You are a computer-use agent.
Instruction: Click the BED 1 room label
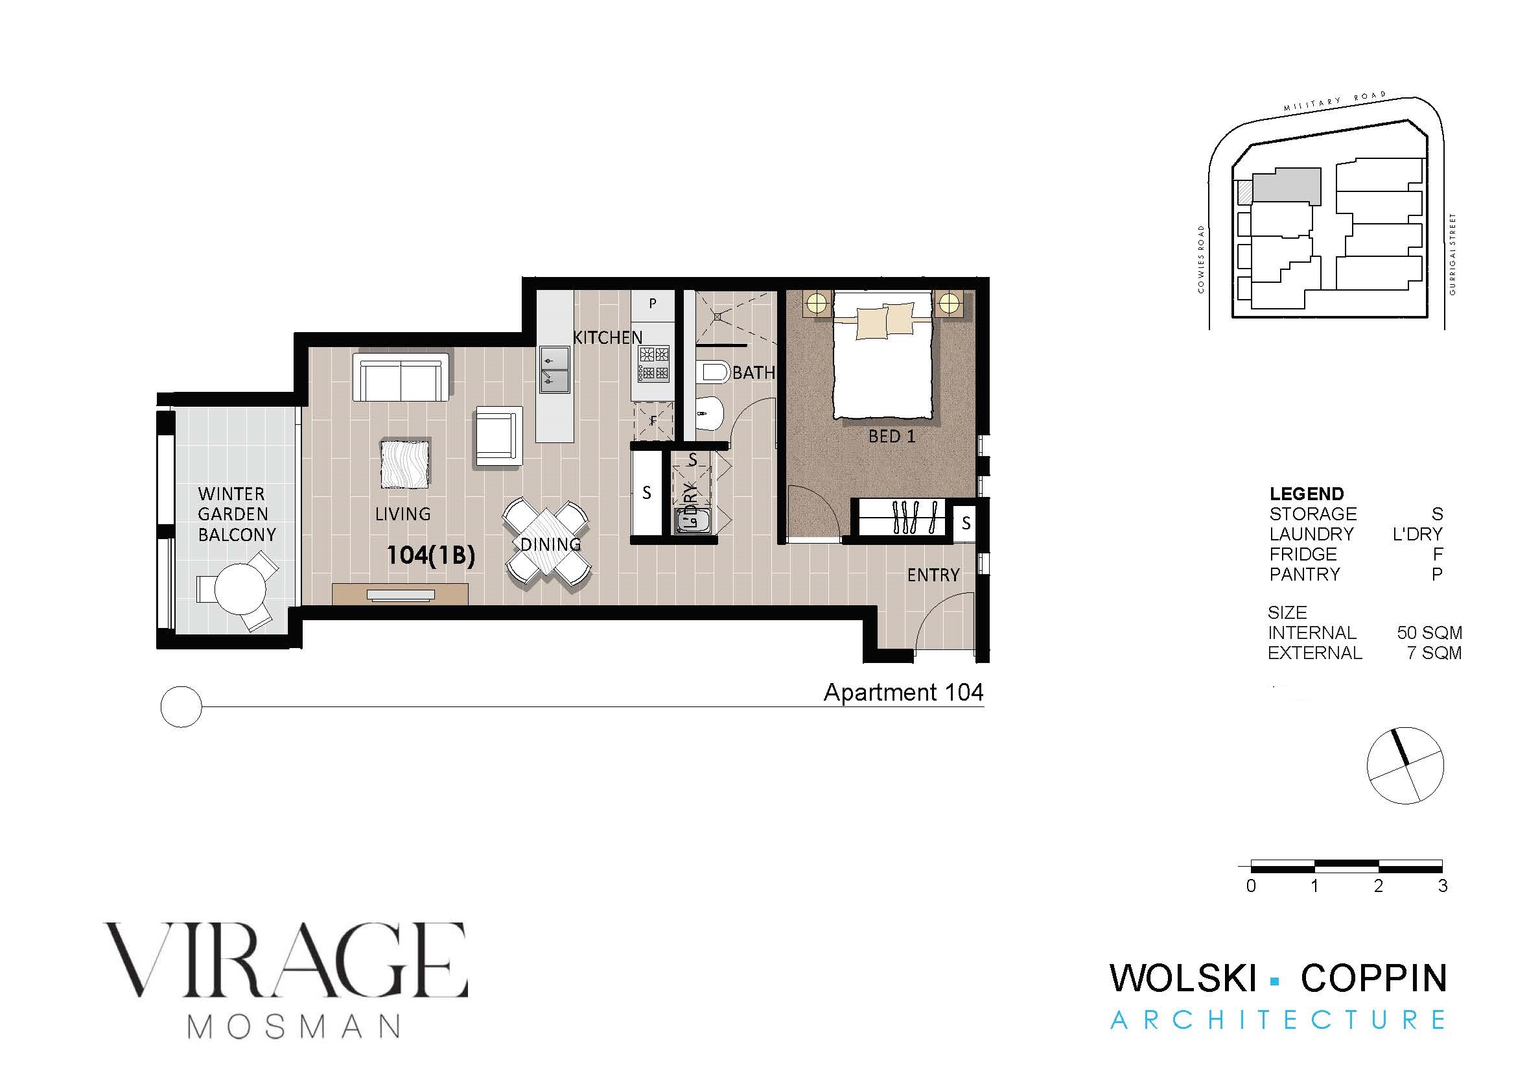[891, 436]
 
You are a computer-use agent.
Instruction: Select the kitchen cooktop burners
[654, 364]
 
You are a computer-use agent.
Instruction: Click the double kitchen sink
[555, 370]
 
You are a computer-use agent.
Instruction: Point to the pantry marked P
[653, 304]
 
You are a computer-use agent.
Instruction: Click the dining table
[548, 542]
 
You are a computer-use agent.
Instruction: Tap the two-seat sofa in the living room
[401, 377]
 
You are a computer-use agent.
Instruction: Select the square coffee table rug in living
[405, 464]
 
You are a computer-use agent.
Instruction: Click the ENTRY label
[933, 575]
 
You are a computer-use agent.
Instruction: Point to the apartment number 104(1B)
[430, 556]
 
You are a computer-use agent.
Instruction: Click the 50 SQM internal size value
[1429, 633]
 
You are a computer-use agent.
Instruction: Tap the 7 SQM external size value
[1434, 653]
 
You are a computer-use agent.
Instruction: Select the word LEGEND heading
[1306, 494]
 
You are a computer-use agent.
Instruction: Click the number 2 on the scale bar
[1378, 886]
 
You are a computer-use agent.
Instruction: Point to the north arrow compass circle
[1406, 766]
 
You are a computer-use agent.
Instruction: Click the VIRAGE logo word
[285, 959]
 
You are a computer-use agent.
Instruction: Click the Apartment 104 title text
[904, 692]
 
